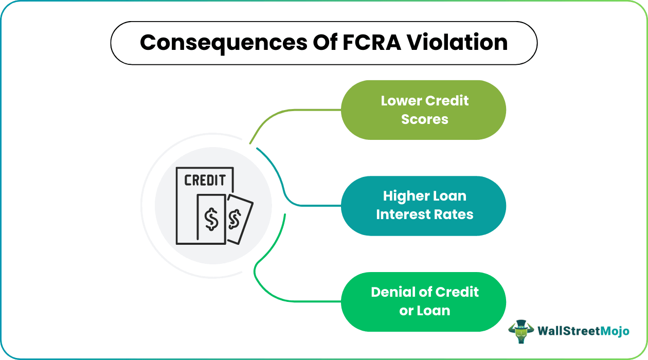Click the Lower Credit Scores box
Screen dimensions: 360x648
point(424,110)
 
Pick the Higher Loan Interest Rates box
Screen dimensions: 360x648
point(424,206)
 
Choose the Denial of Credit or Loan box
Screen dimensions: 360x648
point(424,301)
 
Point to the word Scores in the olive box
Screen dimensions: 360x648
point(425,119)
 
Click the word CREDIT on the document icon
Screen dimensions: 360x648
point(205,181)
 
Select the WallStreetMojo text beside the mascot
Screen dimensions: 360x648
point(583,331)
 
